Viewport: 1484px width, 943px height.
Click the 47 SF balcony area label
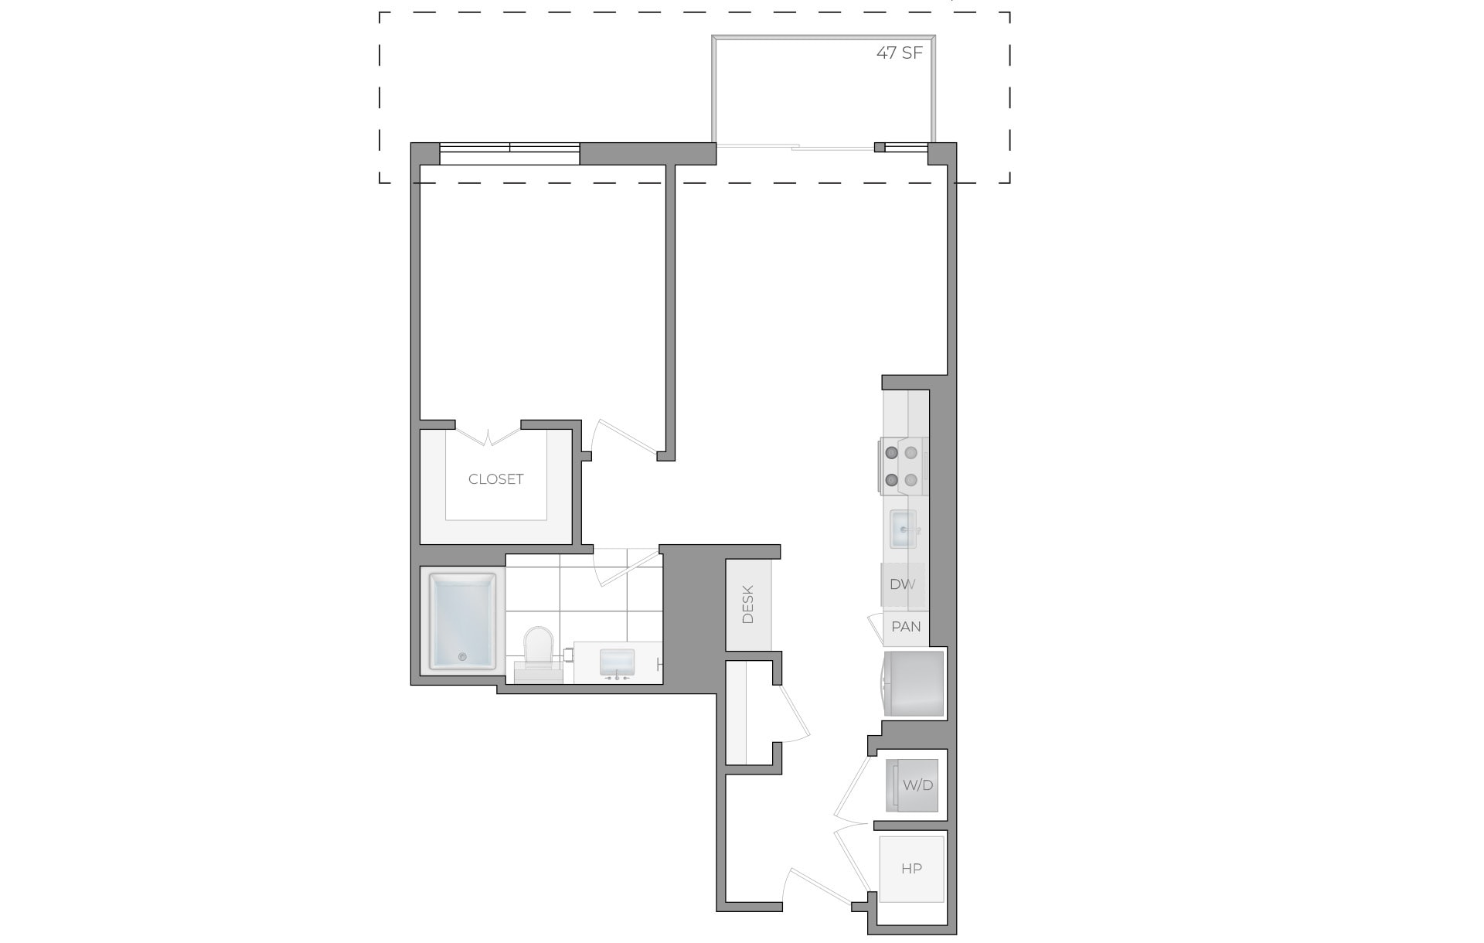(x=899, y=53)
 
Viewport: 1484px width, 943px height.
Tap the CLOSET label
(x=495, y=479)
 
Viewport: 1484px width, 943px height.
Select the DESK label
(x=747, y=604)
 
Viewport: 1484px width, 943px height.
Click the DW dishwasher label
(x=902, y=584)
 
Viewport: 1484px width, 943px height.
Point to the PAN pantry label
(x=906, y=626)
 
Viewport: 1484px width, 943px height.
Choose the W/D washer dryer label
(x=917, y=785)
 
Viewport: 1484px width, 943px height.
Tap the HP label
(x=911, y=869)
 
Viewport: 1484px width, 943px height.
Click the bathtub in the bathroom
(x=463, y=621)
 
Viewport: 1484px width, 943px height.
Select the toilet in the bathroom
(x=539, y=648)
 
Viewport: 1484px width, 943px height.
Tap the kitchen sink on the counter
(x=903, y=529)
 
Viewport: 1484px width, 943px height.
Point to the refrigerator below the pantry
(x=915, y=684)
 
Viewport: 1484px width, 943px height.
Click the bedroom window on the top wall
(x=509, y=153)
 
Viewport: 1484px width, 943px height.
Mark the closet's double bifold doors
(x=488, y=437)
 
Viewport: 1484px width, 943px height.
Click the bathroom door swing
(x=625, y=568)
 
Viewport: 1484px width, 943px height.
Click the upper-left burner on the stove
(x=891, y=453)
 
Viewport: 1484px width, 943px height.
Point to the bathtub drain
(x=462, y=657)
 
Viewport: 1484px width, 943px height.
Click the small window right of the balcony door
(x=905, y=148)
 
